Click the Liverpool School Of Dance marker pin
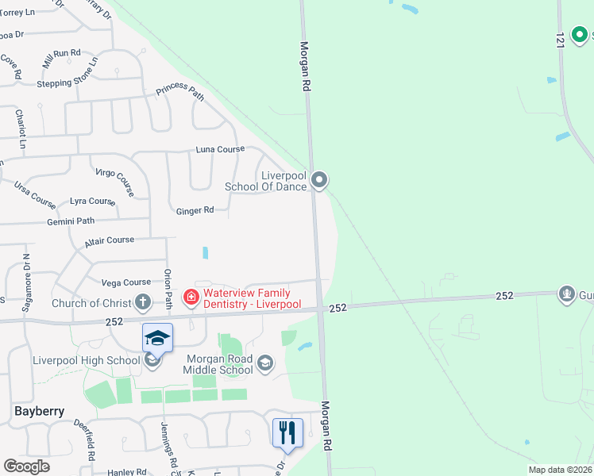(319, 181)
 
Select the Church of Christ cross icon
(143, 302)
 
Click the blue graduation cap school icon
(157, 339)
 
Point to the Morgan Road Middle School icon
(265, 363)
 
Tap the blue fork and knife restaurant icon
(287, 432)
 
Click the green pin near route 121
(581, 35)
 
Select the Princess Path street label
(180, 91)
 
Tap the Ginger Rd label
(195, 210)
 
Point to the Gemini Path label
(71, 221)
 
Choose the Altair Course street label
(110, 240)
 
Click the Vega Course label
(126, 282)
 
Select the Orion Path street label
(168, 289)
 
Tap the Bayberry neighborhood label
(39, 411)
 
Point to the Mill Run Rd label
(62, 57)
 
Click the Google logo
(26, 466)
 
